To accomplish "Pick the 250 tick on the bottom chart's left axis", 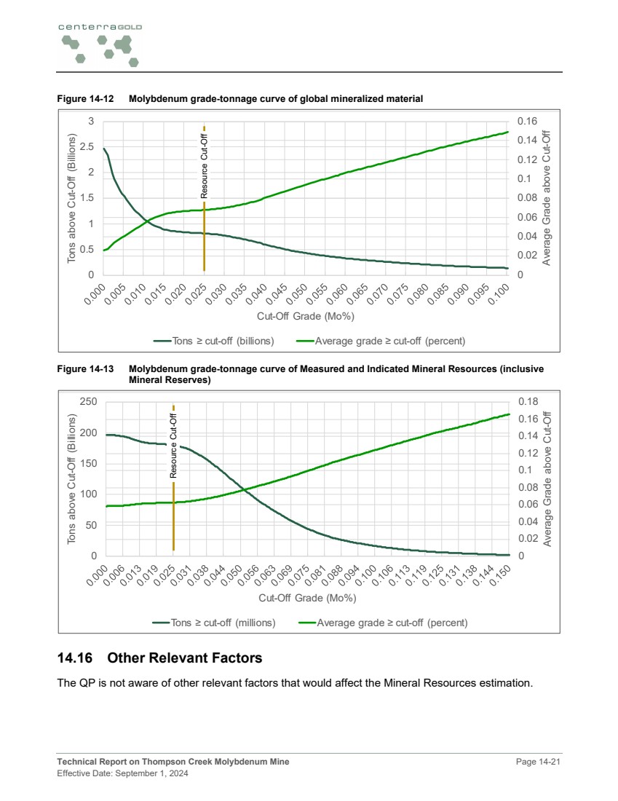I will click(88, 401).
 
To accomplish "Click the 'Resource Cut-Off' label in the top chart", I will click(205, 165).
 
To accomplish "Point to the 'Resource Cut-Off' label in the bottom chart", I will click(173, 445).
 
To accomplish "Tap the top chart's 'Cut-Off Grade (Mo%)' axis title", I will click(305, 317).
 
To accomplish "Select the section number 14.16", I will click(76, 658).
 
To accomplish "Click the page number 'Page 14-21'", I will click(538, 762).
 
